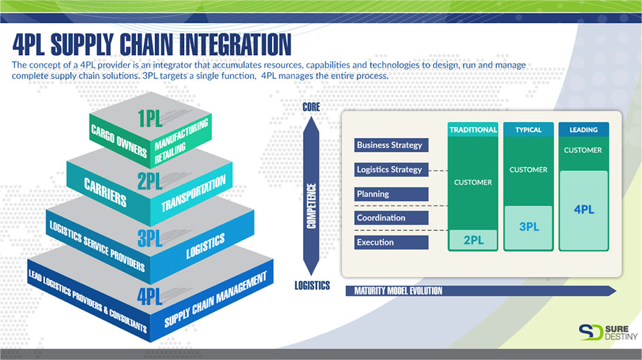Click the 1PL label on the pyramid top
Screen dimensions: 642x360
pos(150,118)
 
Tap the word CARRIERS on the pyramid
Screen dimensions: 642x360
pos(105,192)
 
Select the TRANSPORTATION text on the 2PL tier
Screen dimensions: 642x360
pos(193,193)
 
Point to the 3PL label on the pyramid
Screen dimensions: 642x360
pos(150,238)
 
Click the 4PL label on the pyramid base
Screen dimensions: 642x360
pos(150,296)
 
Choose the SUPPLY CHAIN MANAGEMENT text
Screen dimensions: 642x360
pos(215,299)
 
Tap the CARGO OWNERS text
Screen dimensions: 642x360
pos(119,141)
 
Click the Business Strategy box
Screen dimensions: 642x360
pos(392,145)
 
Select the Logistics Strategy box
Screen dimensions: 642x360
pos(392,170)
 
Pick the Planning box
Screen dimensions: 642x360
pos(392,194)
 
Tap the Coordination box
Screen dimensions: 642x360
pos(392,218)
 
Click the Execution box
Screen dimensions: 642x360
pos(392,242)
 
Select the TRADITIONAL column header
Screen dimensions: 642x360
pos(473,130)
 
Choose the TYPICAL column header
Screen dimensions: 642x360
pos(528,130)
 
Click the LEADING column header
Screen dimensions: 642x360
pos(584,130)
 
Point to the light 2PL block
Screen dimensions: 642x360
pos(473,240)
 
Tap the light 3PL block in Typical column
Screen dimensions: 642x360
pos(528,228)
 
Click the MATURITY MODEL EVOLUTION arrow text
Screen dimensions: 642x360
pos(399,291)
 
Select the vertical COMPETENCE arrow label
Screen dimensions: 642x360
pos(311,206)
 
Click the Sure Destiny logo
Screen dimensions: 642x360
pos(608,332)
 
